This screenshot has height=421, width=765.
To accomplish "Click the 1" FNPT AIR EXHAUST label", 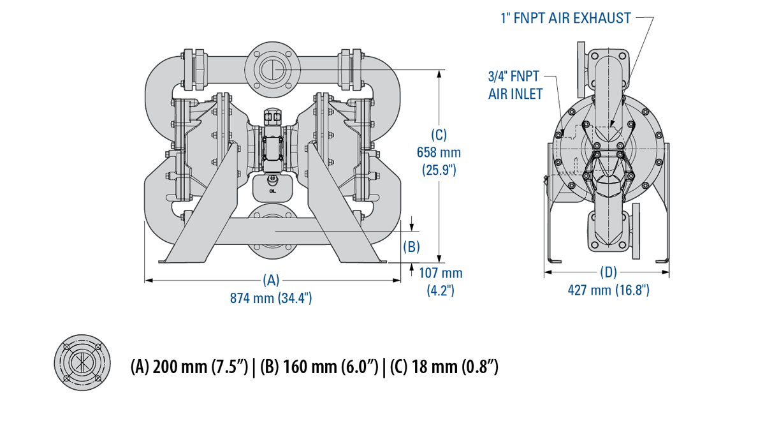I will point(565,17).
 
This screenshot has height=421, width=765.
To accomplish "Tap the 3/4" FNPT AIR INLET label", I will point(515,85).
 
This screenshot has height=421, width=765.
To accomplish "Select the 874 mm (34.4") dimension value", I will point(271,298).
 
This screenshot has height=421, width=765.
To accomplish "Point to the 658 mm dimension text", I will point(438,152).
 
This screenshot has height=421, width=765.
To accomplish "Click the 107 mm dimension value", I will point(441,273).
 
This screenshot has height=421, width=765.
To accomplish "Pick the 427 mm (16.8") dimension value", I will point(608,290).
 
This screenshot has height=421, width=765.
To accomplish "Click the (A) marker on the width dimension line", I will point(272,280).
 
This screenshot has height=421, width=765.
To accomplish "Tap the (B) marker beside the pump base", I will point(412,246).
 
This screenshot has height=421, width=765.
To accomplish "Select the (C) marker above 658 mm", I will point(439,135).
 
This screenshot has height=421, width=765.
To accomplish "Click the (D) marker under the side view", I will point(608,272).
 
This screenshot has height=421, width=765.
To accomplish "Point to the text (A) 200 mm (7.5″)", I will point(189,367).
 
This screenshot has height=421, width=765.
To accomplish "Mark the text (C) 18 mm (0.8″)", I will point(444,367).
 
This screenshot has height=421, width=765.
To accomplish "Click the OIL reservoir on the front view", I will point(272,186).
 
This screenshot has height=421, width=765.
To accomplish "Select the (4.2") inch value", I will point(441,290).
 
